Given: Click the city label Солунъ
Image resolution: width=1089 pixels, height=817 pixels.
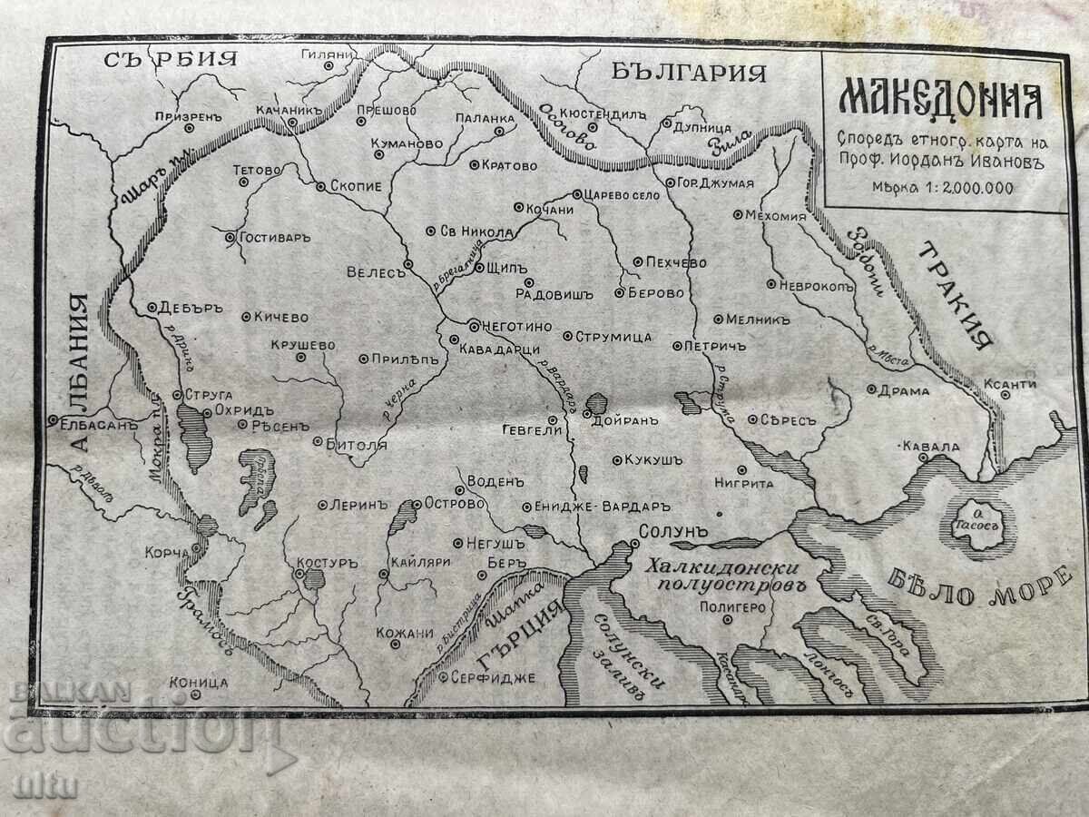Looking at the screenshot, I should pos(672,527).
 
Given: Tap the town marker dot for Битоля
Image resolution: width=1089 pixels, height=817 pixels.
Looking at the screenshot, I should pos(318,442).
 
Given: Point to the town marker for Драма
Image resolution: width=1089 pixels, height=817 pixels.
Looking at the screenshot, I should pos(870,389).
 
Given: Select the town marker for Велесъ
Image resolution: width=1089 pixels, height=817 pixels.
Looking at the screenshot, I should pos(408,263).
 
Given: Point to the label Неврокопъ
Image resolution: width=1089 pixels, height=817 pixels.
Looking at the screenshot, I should pos(818,284).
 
